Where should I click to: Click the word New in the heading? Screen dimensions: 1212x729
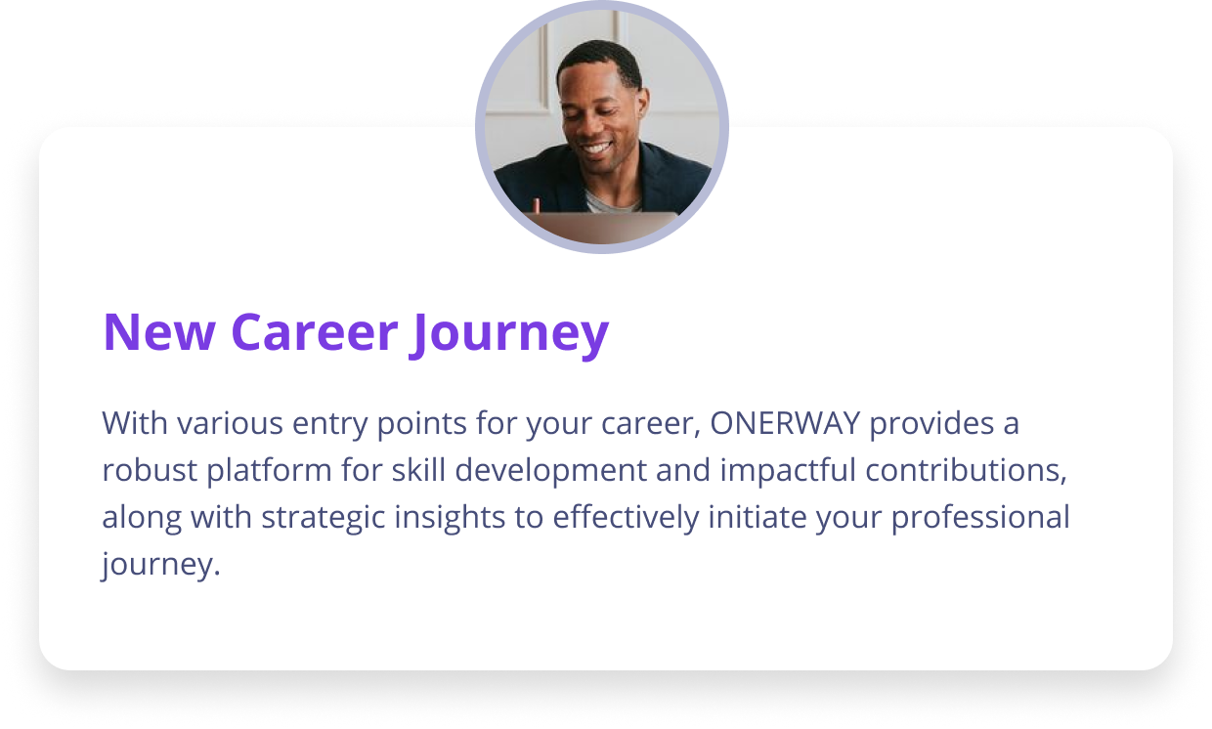[x=159, y=332]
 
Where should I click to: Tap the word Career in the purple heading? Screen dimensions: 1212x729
[x=315, y=332]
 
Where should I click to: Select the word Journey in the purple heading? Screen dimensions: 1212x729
[x=509, y=335]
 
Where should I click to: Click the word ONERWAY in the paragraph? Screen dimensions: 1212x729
[x=785, y=423]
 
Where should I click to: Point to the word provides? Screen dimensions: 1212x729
[x=931, y=424]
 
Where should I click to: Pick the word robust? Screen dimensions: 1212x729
[x=150, y=469]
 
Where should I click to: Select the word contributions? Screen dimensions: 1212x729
[x=966, y=469]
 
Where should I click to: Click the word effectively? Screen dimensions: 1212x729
[x=626, y=518]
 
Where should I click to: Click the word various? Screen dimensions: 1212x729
[x=230, y=423]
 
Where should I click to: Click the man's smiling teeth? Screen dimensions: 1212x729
[x=597, y=148]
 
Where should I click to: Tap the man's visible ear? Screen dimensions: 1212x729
[x=643, y=102]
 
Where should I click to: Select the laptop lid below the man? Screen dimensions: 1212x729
[x=600, y=228]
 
